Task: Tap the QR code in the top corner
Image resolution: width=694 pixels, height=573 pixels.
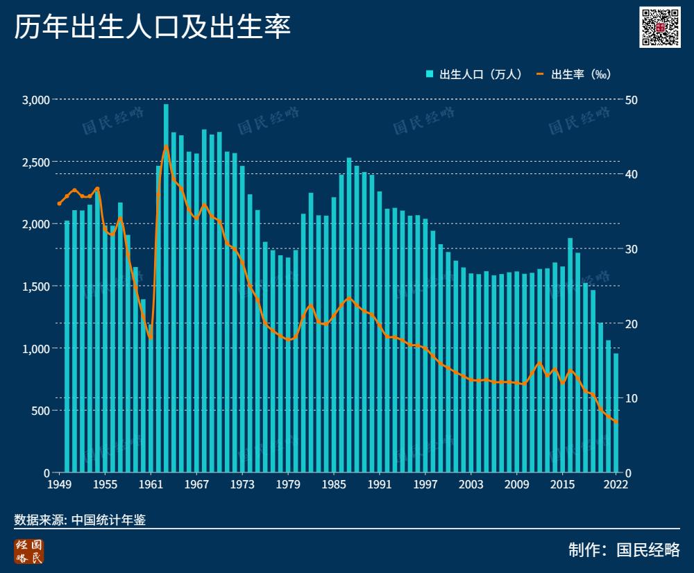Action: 660,27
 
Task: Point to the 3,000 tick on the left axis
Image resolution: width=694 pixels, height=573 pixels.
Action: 35,100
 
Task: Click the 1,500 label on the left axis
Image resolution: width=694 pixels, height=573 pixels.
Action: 35,286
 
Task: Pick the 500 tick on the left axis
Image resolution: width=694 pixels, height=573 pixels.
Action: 40,411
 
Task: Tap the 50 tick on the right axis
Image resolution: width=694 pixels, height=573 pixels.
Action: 631,100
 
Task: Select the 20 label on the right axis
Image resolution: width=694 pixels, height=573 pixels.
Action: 631,324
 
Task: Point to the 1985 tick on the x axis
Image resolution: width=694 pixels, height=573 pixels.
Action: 334,484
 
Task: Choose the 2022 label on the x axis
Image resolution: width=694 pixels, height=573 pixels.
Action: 616,484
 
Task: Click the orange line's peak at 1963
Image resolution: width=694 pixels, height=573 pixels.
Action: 167,146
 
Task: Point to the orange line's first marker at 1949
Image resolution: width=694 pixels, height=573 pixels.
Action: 60,204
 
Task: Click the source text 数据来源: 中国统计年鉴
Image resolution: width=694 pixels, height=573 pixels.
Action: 80,520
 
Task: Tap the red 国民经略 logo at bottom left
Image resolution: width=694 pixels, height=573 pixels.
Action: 28,551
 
